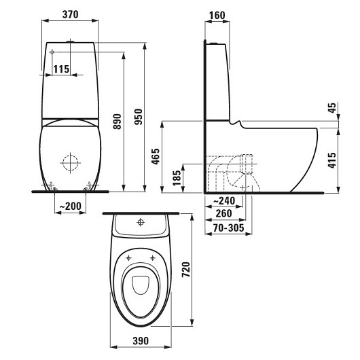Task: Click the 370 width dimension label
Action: (70, 14)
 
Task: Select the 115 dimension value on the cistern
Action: (61, 69)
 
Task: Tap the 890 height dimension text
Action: (118, 122)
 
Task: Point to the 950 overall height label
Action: (139, 117)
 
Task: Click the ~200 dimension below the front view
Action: (70, 206)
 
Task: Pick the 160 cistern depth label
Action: (217, 16)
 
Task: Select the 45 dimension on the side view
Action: (333, 108)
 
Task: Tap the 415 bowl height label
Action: (332, 160)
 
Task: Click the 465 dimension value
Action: (156, 157)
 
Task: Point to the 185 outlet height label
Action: (177, 178)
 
